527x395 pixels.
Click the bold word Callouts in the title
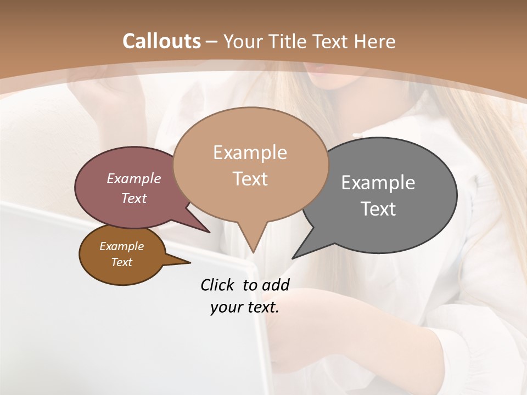161,41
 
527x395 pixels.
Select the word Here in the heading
375,41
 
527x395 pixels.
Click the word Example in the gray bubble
378,183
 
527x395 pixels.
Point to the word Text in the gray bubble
378,209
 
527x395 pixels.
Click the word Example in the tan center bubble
250,153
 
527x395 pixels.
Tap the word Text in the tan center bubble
250,179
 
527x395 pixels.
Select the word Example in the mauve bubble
134,178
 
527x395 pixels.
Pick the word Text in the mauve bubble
134,198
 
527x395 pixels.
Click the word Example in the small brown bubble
121,246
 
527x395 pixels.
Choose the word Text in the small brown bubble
121,262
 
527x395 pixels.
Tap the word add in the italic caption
276,285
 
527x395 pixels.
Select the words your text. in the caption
245,307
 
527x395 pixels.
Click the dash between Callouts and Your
212,41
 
